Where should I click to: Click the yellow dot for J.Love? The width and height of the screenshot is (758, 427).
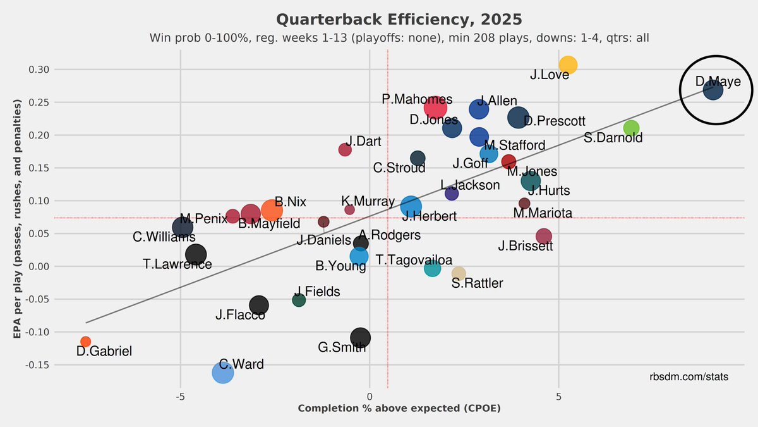coord(568,65)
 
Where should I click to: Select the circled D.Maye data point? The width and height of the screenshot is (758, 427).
coord(713,90)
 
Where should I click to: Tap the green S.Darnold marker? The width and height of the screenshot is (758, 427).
coord(631,128)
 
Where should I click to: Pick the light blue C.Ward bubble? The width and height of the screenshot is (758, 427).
coord(223,373)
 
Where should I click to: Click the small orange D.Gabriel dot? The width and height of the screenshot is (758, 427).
coord(86,342)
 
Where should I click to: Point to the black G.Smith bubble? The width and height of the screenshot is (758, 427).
coord(360,338)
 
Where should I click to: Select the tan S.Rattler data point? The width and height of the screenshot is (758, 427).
coord(459,273)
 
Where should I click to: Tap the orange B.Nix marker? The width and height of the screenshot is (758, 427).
coord(271,209)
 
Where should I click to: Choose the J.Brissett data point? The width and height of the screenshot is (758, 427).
coord(543,236)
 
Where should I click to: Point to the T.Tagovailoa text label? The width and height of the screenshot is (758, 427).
coord(414,260)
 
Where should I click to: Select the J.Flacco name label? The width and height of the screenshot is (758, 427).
coord(240,314)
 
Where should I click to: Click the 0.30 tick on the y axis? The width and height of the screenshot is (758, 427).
coord(40,70)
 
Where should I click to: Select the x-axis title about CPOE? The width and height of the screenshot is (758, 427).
coord(399,409)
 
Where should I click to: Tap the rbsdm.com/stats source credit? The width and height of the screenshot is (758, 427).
coord(689,377)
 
